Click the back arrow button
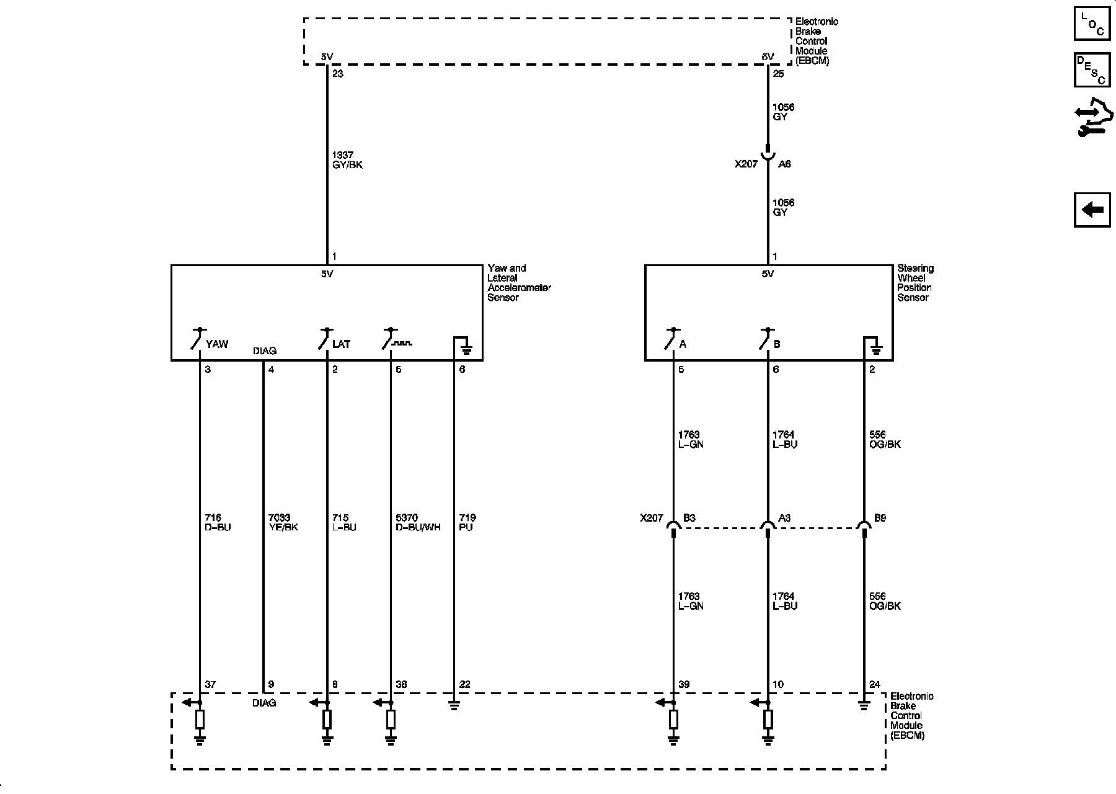click(1092, 210)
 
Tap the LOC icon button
click(1092, 24)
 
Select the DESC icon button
click(1092, 70)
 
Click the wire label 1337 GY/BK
click(347, 160)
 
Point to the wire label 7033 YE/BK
click(283, 522)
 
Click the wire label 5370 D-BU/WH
click(418, 522)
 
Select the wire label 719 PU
click(467, 522)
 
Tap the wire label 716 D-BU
click(217, 522)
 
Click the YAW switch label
click(217, 344)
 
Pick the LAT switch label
click(341, 344)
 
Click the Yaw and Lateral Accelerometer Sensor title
click(518, 283)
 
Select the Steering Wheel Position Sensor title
click(914, 283)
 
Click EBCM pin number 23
click(337, 74)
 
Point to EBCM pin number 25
click(779, 74)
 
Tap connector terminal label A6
click(784, 164)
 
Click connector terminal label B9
click(880, 518)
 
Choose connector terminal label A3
click(784, 518)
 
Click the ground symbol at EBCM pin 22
click(454, 705)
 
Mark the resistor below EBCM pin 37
click(200, 720)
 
